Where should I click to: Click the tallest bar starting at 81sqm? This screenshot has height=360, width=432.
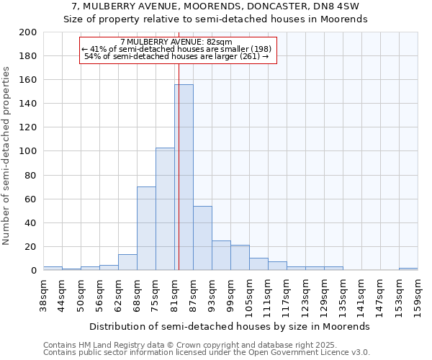pos(184,177)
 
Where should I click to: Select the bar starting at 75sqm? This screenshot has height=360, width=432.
pos(165,209)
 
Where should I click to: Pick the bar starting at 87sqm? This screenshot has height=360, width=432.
pos(202,238)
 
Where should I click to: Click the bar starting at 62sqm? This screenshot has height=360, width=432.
pos(127,262)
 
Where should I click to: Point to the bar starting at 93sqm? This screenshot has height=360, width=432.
pos(221,255)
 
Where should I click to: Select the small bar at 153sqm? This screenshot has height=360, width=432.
pos(408,269)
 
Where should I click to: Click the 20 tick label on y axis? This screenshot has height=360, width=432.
pos(31,247)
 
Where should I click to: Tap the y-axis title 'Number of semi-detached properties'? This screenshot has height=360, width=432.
pos(6,156)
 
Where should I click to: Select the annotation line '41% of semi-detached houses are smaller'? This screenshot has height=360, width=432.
pos(176,49)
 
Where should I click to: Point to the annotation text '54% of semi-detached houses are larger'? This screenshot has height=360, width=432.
pos(176,56)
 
